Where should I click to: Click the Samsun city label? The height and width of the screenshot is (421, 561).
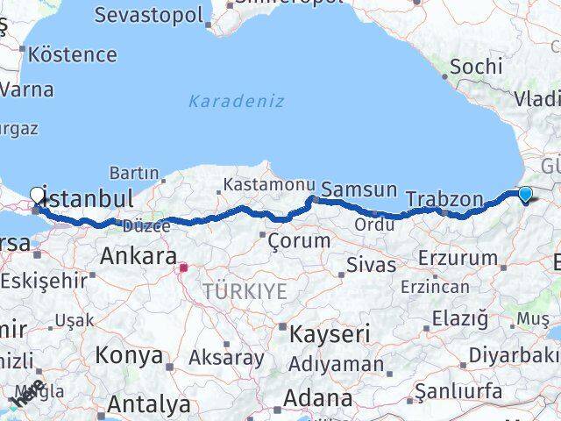[359, 189]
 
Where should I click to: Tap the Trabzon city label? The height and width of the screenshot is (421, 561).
[444, 199]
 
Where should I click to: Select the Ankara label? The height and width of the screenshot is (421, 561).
[138, 256]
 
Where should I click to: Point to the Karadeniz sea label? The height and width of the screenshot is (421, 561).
[236, 101]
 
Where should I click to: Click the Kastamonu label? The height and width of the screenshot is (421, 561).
[267, 185]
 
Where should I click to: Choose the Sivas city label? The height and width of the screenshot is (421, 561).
[372, 263]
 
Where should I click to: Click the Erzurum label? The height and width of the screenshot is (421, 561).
[458, 258]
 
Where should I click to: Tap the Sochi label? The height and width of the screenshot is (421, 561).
[476, 67]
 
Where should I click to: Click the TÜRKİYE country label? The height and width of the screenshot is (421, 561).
[245, 291]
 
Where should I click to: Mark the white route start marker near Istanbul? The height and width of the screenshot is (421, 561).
[37, 195]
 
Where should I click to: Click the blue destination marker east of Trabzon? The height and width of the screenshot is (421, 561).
[525, 194]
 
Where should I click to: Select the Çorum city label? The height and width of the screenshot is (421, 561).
[299, 240]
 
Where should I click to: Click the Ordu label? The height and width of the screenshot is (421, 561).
[373, 225]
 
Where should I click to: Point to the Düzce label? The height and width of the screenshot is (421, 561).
[146, 226]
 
